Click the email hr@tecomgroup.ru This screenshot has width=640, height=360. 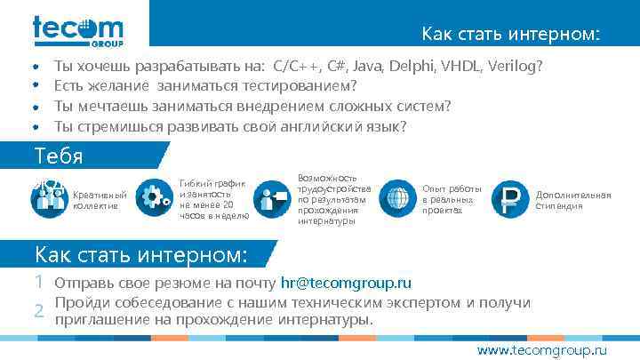[x=346, y=284]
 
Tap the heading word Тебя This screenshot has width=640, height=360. [x=59, y=156]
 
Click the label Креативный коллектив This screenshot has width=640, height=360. [x=100, y=200]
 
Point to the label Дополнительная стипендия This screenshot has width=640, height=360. [x=572, y=200]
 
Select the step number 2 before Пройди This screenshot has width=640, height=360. [x=39, y=310]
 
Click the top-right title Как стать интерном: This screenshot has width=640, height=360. [x=510, y=36]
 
